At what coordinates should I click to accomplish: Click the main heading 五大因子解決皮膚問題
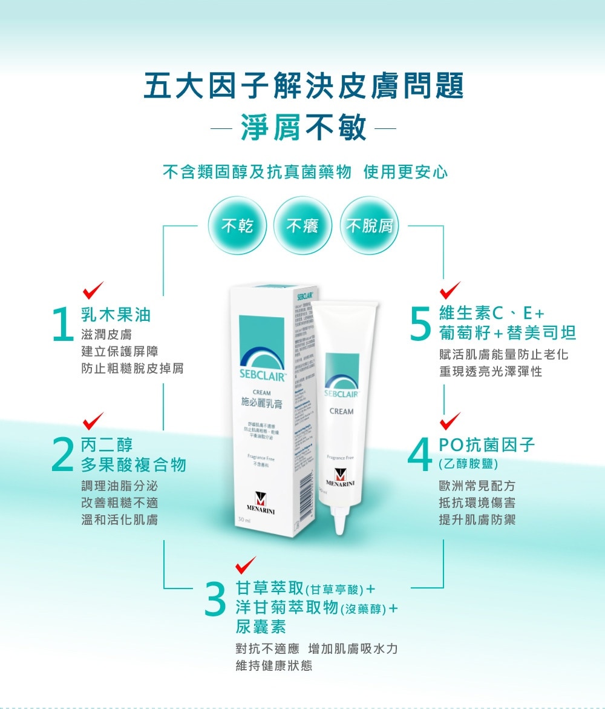pos(304,86)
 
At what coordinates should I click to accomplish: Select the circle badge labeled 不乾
pos(237,226)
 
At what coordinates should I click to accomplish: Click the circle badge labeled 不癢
pos(303,226)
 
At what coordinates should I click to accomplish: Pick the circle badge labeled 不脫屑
pos(370,226)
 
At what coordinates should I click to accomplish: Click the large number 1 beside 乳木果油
pos(64,325)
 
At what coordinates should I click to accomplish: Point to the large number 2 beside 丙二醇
pos(64,455)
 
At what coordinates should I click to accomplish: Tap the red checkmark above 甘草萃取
pos(246,564)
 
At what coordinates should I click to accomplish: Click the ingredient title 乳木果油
pos(116,314)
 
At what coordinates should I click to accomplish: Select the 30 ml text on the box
pos(244,521)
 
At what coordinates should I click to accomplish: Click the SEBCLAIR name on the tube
pos(342,394)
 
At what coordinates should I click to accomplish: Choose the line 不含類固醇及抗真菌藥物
pos(257,172)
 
